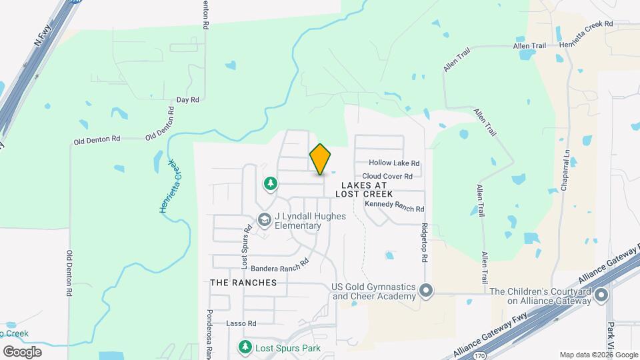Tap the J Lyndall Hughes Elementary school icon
(x=265, y=219)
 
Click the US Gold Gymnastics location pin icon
(x=427, y=291)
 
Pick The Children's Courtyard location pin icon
(x=602, y=295)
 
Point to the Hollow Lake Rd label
(x=395, y=163)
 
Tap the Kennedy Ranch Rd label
(x=395, y=207)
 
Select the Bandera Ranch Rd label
(x=280, y=264)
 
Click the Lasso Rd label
(x=241, y=323)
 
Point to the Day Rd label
(x=188, y=100)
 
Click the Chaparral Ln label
(x=565, y=172)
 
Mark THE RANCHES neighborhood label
(x=243, y=283)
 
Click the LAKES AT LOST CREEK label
(x=364, y=188)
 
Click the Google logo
(x=22, y=351)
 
